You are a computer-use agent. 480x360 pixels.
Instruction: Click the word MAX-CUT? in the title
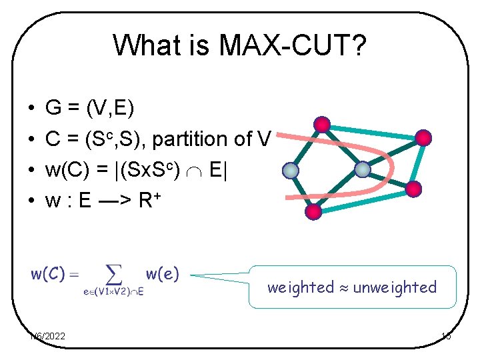click(x=296, y=46)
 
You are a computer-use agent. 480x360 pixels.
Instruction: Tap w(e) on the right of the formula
click(x=163, y=273)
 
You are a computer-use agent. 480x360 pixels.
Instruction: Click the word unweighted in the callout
click(x=395, y=287)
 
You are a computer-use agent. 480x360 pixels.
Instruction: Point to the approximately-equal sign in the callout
click(x=343, y=288)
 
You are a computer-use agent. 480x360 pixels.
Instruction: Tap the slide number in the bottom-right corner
click(x=446, y=337)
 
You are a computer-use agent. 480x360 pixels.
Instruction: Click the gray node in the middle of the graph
click(x=362, y=169)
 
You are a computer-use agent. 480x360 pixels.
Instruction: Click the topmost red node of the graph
click(x=323, y=123)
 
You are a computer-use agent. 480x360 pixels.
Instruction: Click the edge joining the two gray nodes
click(x=326, y=170)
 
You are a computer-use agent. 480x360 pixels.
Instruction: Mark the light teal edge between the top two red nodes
click(x=373, y=131)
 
